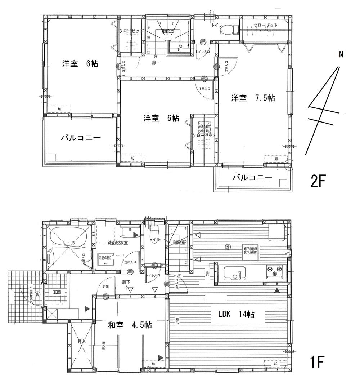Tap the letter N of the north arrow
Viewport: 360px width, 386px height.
coord(341,54)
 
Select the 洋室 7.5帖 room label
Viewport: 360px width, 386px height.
coord(253,98)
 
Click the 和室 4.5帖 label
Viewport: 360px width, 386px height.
coord(130,325)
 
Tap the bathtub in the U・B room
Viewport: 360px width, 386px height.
coord(68,239)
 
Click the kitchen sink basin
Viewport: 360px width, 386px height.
coord(234,273)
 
